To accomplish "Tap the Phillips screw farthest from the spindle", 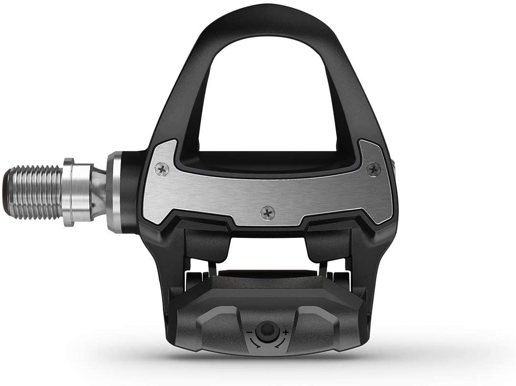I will [373, 168].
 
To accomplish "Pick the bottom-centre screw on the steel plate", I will [268, 213].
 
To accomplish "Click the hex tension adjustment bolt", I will [266, 330].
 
